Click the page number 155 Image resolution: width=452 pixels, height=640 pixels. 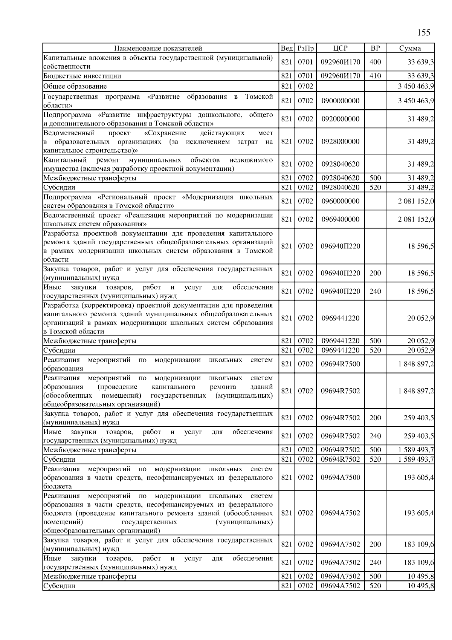point(424,32)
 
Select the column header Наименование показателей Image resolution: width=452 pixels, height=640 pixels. point(158,48)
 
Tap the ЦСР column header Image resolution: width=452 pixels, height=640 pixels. point(340,48)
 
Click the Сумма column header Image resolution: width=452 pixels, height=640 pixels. point(410,48)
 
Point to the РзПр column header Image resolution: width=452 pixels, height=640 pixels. point(305,48)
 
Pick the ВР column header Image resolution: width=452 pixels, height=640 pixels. point(375,48)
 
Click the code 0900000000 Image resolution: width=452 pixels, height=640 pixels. point(340,101)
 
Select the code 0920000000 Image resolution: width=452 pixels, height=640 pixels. point(340,119)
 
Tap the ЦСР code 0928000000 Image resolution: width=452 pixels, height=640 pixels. point(340,141)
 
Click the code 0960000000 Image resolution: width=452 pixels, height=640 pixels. point(340,201)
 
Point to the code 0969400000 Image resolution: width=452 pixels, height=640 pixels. point(340,219)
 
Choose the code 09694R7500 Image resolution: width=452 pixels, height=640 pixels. point(340,364)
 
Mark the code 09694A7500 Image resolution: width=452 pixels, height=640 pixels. point(340,478)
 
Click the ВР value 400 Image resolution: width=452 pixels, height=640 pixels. point(375,62)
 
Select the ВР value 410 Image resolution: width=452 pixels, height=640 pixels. point(375,76)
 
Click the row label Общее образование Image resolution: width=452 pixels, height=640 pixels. point(75,86)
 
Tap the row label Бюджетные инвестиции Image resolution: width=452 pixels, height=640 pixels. point(82,76)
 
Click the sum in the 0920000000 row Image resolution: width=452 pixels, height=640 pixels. point(420,119)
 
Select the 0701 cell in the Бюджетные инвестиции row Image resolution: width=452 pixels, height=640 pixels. point(305,76)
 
